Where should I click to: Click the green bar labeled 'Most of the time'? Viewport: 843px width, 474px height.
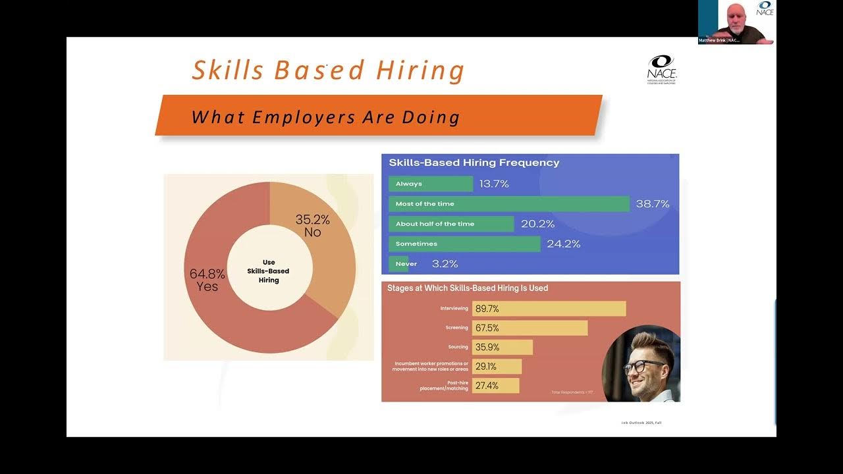508,204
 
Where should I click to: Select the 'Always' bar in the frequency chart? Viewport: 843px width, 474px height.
431,184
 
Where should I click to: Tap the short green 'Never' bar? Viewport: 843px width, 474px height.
399,264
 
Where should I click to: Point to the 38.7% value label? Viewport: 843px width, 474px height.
653,204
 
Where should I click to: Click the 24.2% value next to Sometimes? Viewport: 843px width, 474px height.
564,244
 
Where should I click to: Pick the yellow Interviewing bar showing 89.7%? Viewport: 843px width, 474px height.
549,309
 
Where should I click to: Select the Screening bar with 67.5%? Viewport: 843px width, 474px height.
530,328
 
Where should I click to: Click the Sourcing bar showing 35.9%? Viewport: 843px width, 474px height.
502,347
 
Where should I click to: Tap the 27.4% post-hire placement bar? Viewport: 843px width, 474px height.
495,386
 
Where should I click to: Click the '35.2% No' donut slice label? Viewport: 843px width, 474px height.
312,225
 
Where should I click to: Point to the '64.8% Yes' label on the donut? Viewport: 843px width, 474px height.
207,280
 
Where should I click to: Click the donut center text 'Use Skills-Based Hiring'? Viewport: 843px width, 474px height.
269,271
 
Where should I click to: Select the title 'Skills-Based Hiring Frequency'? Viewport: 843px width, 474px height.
474,163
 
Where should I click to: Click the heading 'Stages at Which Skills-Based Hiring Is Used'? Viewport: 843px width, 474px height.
468,288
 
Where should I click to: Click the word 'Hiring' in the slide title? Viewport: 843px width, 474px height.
420,71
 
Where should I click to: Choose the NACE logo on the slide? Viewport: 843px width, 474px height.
661,69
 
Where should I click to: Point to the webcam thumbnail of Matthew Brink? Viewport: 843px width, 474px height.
736,22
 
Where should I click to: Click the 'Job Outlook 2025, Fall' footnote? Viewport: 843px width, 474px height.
641,423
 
